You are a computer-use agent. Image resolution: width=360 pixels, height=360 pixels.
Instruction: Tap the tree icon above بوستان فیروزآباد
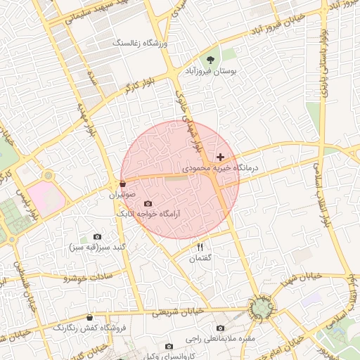[x=210, y=60]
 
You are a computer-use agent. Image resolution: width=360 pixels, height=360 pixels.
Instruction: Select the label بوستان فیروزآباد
[x=211, y=72]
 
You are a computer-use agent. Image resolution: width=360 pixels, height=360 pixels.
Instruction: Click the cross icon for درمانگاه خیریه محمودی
[x=221, y=157]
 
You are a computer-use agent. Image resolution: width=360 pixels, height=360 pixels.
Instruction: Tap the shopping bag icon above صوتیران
[x=124, y=184]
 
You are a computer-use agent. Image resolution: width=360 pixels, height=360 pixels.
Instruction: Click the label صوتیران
[x=124, y=194]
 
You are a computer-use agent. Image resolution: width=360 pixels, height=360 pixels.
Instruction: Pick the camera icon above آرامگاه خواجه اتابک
[x=148, y=203]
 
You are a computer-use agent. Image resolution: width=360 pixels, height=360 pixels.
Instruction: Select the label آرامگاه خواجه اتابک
[x=148, y=213]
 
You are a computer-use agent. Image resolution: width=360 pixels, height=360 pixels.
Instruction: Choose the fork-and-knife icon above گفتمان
[x=200, y=247]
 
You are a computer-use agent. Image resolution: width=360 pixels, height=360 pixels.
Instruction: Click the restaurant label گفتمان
[x=200, y=258]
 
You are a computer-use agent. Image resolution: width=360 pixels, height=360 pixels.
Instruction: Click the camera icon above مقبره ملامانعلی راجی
[x=221, y=328]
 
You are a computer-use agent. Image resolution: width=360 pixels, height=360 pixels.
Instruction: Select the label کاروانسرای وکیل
[x=169, y=356]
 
